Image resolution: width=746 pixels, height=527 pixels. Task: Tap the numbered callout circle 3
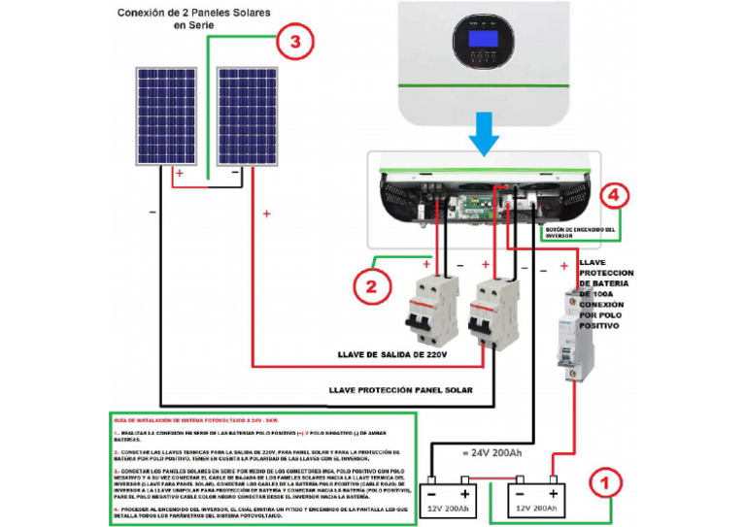296,43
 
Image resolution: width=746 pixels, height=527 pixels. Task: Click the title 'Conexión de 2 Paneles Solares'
193,14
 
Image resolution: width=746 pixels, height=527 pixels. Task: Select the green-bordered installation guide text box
261,467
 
